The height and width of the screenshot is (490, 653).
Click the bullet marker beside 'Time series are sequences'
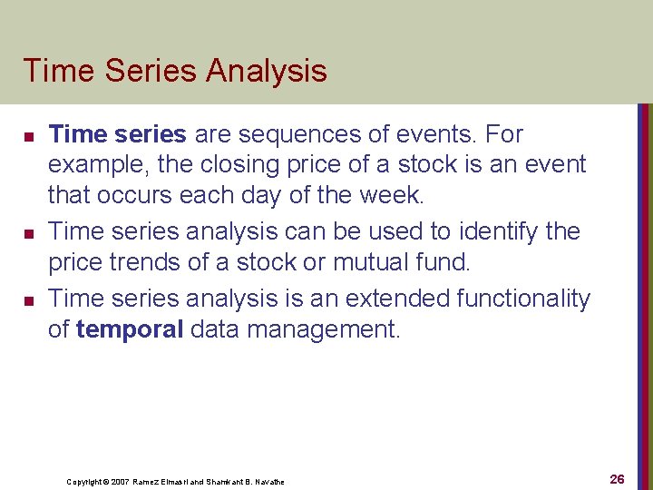coord(29,136)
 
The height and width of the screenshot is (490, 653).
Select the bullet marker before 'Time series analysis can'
coord(29,234)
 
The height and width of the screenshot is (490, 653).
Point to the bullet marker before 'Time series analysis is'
coord(29,299)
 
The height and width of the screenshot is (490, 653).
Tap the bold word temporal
coord(130,329)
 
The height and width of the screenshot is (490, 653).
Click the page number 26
coord(617,478)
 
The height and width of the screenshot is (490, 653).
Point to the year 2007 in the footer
coord(121,481)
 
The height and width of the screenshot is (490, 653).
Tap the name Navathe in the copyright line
coord(270,481)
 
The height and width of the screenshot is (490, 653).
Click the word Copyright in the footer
coord(84,481)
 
